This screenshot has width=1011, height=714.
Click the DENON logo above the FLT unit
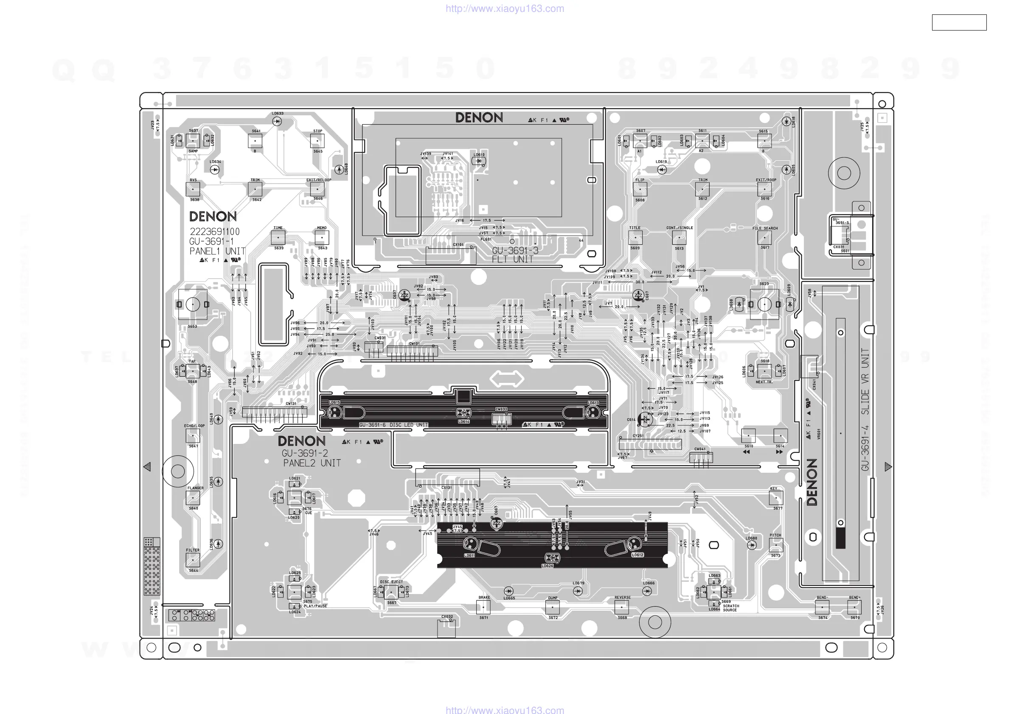pos(479,118)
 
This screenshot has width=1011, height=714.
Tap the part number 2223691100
pos(214,231)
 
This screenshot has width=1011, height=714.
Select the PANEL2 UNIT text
pos(312,463)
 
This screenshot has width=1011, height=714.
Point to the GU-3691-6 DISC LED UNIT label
pos(393,425)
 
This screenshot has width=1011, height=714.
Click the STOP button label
pos(317,131)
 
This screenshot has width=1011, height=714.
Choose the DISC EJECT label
pos(391,582)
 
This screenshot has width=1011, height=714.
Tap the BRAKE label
pos(484,597)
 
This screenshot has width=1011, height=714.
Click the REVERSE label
pos(622,597)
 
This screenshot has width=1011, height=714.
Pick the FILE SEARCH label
pos(765,229)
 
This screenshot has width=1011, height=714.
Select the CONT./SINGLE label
pos(680,228)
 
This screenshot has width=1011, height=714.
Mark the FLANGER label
pos(195,488)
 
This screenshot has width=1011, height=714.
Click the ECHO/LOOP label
pos(194,426)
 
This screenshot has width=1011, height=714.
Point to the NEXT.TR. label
pos(764,382)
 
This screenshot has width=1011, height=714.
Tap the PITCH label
pos(775,535)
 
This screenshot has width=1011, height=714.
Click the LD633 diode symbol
pos(277,121)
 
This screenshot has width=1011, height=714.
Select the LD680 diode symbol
pos(752,545)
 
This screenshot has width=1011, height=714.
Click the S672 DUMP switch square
pos(552,607)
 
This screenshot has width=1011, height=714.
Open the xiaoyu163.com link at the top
pos(505,8)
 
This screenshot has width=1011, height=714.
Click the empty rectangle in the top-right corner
pos(959,22)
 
